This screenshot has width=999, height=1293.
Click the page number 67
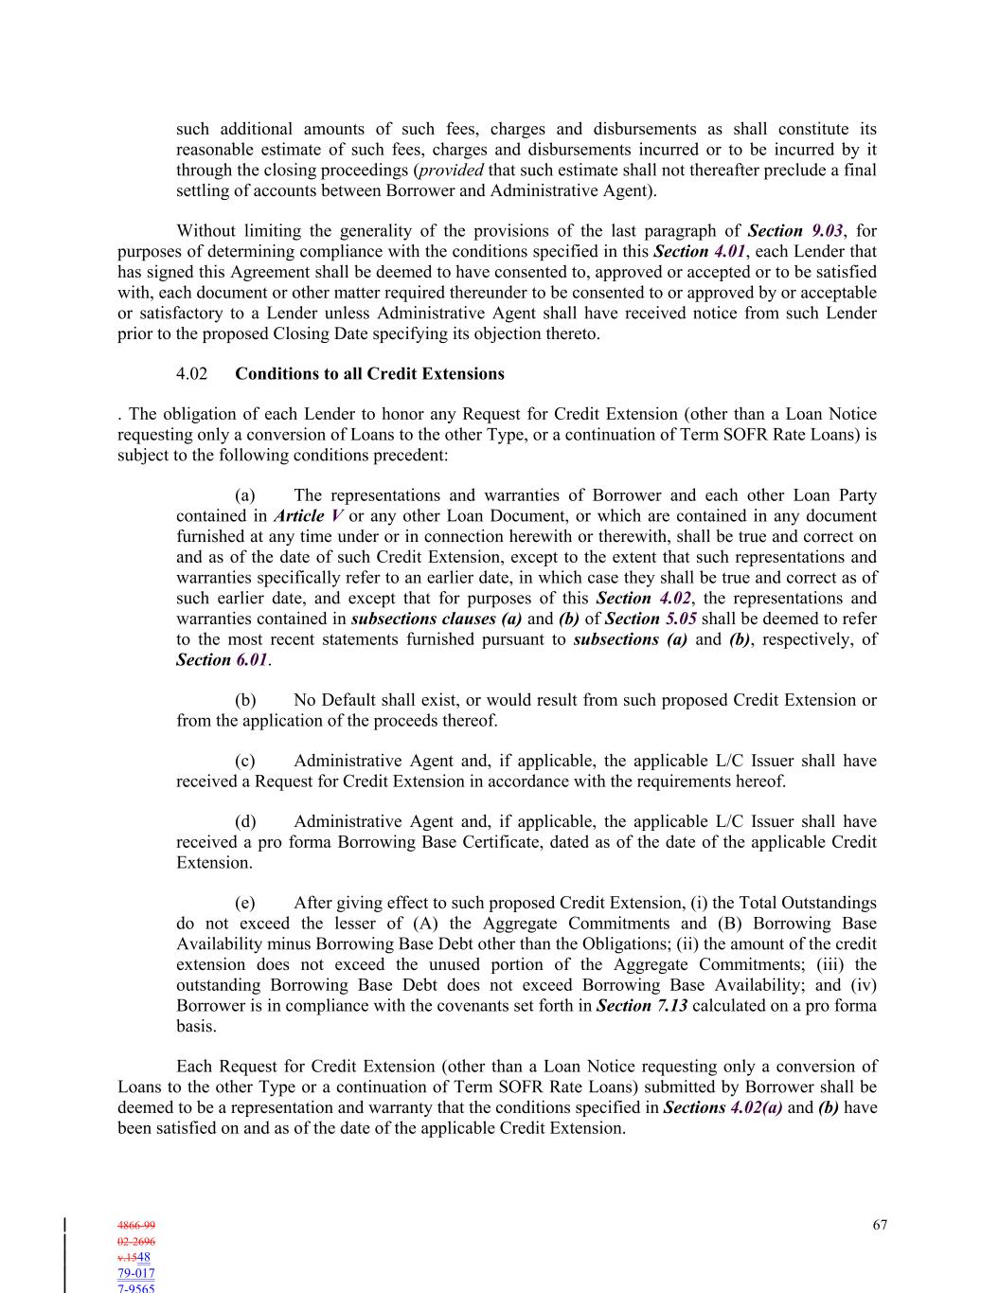tap(880, 1225)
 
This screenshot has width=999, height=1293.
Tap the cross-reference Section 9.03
tap(801, 231)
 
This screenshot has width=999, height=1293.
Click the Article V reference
tap(308, 516)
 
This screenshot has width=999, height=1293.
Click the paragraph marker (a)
tap(245, 495)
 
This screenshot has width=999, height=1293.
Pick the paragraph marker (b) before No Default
tap(245, 701)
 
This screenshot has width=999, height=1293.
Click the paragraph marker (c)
tap(245, 762)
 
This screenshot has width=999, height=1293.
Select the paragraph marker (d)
tap(245, 822)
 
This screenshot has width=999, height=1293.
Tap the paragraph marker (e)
tap(245, 904)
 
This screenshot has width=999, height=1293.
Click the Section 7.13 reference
tap(641, 1006)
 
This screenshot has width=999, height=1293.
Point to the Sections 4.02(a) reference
tap(722, 1108)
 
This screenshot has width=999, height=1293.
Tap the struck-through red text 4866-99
tap(136, 1226)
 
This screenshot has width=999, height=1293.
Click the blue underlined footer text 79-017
tap(136, 1274)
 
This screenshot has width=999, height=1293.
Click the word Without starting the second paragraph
tap(206, 231)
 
